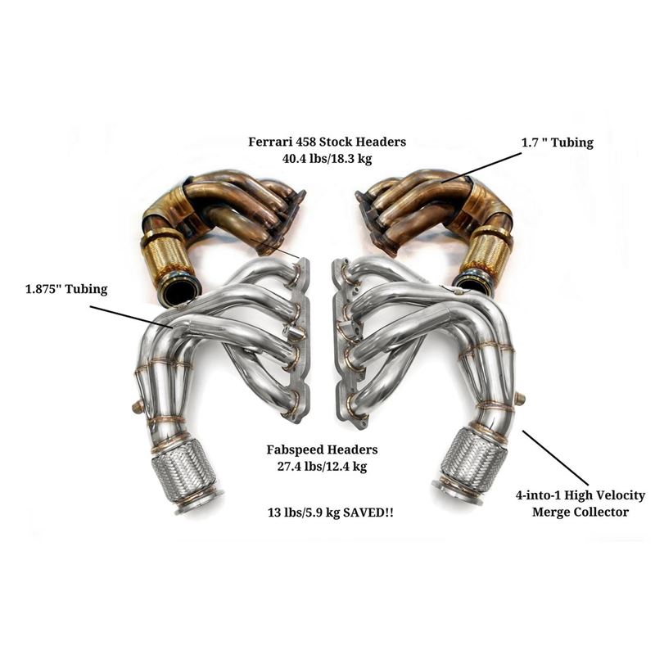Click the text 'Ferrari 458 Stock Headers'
click(x=327, y=142)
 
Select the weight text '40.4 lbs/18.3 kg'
click(x=327, y=158)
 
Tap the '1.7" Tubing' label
click(x=557, y=142)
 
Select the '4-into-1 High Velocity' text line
click(x=580, y=495)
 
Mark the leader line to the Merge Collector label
click(x=554, y=458)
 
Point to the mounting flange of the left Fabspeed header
click(x=300, y=336)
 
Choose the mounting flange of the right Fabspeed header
click(x=344, y=336)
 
